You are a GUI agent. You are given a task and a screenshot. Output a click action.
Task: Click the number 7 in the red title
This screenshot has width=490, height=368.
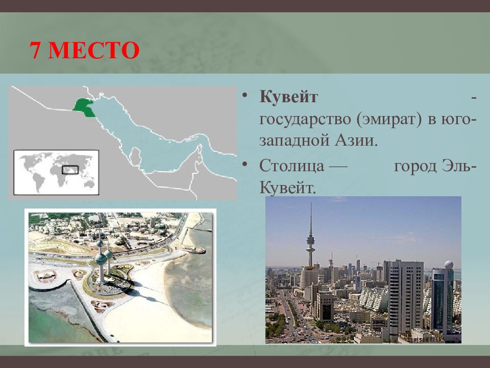pos(35,50)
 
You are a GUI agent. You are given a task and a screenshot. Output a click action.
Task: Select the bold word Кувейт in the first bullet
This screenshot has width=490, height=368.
pos(288,97)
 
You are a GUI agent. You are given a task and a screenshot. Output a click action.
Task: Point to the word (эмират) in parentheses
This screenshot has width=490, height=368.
pos(389,119)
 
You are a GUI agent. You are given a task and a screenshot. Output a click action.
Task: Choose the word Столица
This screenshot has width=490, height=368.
pos(291,166)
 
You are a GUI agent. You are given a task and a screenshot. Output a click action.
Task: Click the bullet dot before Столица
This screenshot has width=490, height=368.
pos(245,164)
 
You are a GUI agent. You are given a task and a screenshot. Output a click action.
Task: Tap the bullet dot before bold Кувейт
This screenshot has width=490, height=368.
pos(245,95)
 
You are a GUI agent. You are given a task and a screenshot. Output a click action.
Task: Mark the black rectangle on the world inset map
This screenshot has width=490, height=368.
pos(70,170)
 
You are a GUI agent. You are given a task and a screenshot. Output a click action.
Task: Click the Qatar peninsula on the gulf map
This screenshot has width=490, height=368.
pos(135,156)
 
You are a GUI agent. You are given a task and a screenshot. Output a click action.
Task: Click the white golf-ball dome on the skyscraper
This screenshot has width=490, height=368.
pos(449,265)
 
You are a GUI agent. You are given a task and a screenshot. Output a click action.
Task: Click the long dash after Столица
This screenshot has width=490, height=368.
pos(339,167)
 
